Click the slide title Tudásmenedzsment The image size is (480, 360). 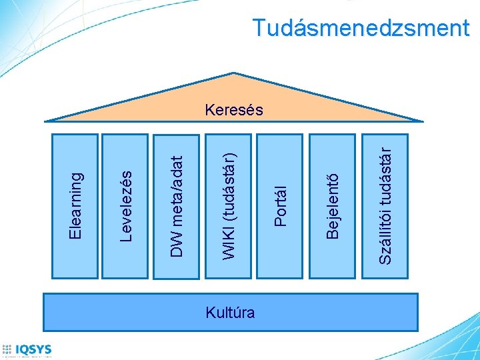361,28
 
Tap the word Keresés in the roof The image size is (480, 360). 234,109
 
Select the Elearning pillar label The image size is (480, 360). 76,205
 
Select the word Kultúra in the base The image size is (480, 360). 230,311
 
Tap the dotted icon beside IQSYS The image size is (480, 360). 7,349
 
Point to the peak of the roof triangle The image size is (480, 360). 233,71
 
